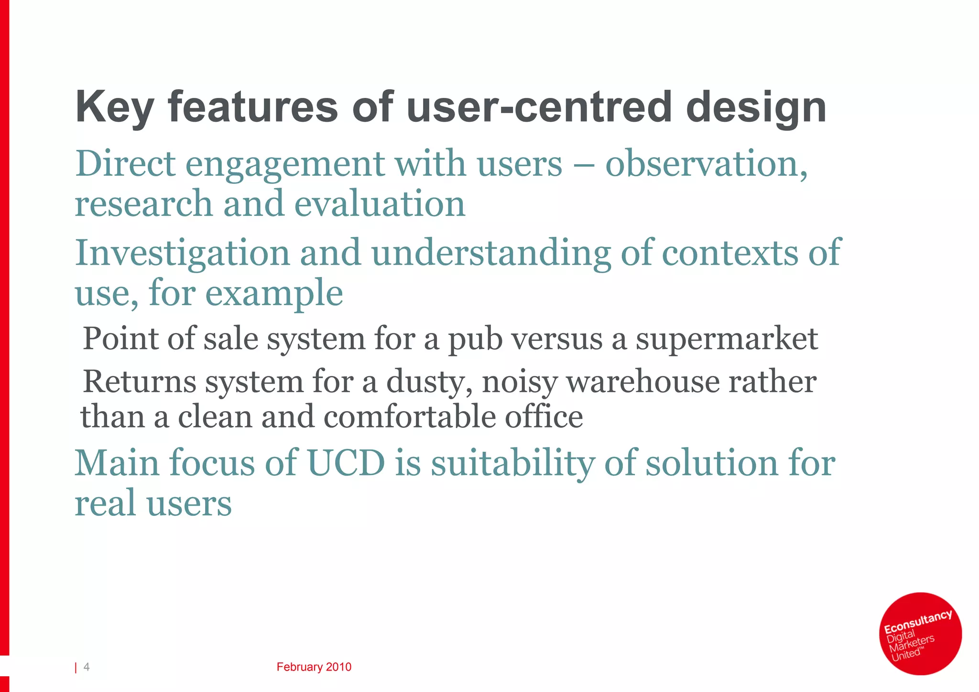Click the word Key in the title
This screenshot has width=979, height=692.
(x=114, y=108)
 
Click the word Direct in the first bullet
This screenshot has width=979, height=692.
(x=125, y=164)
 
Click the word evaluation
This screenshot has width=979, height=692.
(x=380, y=204)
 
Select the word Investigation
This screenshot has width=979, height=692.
(x=182, y=254)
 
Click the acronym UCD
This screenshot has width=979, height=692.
(x=346, y=463)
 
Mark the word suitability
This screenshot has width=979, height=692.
(x=512, y=464)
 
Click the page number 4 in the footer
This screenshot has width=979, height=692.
(x=87, y=667)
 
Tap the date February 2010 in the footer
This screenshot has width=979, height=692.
(x=314, y=667)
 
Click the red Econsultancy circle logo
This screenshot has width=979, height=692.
(x=920, y=634)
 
